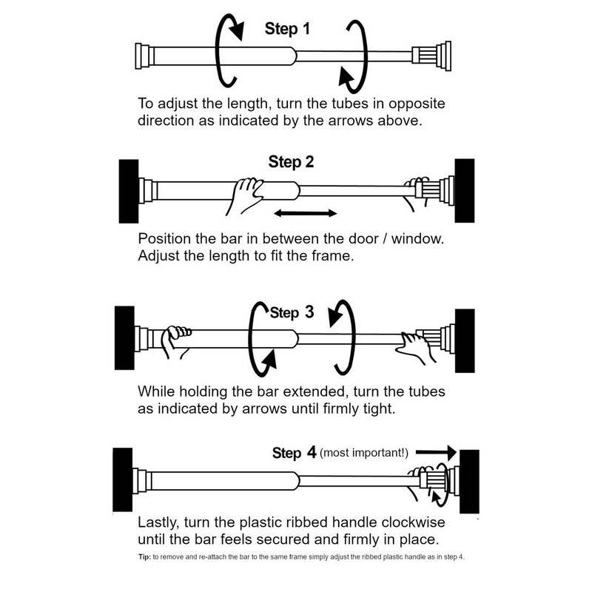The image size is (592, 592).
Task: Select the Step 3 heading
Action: point(292,312)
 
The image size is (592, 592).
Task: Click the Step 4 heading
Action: point(297,452)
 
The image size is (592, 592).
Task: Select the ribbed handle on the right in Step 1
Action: point(428,55)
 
